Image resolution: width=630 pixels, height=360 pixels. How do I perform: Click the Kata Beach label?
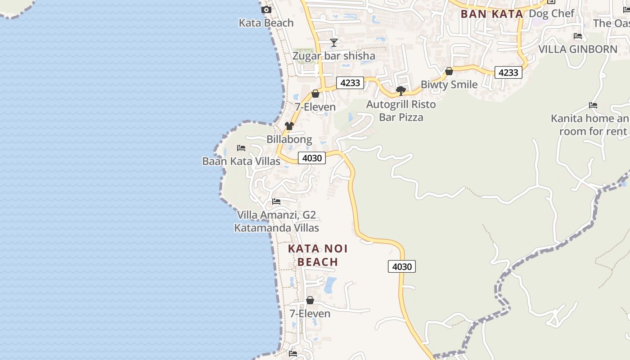click(266, 23)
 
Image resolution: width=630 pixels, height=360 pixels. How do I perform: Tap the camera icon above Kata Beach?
click(266, 9)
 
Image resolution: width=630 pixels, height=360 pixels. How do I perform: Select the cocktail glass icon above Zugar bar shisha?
click(334, 43)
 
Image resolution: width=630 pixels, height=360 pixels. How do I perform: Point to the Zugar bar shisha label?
click(333, 56)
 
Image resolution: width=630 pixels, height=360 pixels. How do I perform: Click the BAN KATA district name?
click(492, 14)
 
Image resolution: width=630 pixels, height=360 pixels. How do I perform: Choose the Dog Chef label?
click(551, 13)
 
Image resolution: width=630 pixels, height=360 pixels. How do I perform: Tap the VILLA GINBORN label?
click(578, 49)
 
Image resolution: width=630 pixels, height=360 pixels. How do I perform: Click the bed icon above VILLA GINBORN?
click(578, 36)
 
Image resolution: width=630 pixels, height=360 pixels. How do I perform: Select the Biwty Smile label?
click(449, 85)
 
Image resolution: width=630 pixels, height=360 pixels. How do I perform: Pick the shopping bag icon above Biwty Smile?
click(449, 71)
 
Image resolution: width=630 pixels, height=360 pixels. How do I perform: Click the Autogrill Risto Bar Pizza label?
click(401, 111)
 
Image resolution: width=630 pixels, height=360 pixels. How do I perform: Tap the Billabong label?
click(289, 139)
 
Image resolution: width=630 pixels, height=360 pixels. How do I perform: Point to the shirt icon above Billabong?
click(289, 126)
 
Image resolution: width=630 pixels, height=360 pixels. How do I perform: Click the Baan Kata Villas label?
click(241, 161)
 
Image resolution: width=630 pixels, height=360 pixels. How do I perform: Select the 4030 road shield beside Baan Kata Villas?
click(312, 158)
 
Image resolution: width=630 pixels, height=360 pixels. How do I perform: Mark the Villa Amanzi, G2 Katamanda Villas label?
click(276, 221)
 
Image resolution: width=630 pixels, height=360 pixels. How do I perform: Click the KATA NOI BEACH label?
click(318, 255)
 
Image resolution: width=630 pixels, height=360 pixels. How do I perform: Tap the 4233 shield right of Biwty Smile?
click(508, 72)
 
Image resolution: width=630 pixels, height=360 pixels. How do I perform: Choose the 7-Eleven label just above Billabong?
click(315, 107)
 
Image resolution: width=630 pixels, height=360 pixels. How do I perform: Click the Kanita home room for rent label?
click(589, 125)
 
